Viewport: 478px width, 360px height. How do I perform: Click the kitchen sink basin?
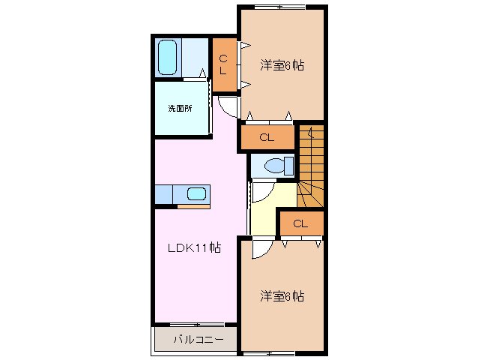click(196, 194)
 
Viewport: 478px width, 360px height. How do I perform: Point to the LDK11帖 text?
click(193, 247)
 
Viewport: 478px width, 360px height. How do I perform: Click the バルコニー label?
click(198, 340)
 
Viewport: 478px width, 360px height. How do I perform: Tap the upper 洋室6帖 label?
click(282, 65)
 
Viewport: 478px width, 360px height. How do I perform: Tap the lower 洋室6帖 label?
click(282, 295)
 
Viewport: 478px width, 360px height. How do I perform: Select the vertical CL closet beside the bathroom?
click(223, 65)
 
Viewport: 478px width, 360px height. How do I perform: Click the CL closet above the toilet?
click(267, 137)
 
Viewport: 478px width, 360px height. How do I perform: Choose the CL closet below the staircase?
click(300, 223)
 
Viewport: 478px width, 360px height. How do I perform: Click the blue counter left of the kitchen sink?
click(164, 194)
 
